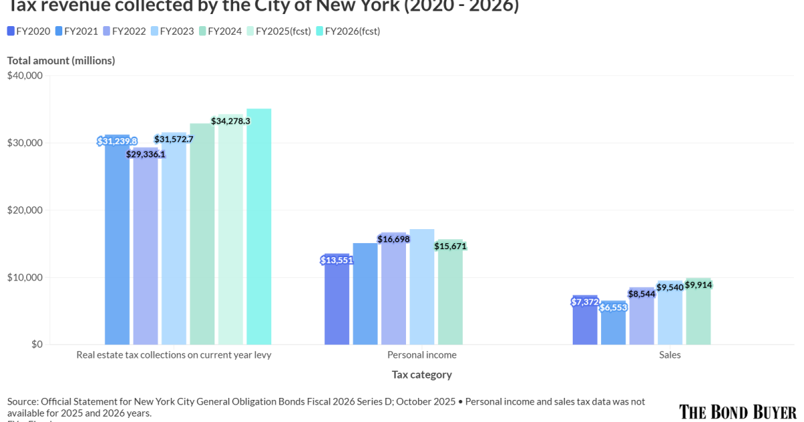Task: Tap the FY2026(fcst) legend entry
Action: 348,31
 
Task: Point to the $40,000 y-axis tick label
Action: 25,76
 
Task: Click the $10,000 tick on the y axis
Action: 25,277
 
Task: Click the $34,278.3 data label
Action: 230,121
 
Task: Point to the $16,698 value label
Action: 393,239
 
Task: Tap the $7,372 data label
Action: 585,302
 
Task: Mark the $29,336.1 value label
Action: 145,154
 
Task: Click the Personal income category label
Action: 422,355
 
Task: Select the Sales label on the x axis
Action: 669,355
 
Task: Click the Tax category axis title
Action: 422,374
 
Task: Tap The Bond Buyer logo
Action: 738,411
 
